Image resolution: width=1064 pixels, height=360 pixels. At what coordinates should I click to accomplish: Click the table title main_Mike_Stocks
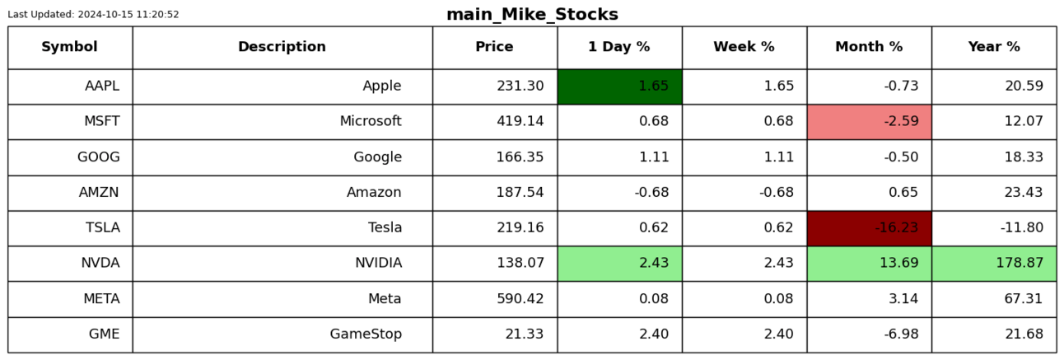(532, 14)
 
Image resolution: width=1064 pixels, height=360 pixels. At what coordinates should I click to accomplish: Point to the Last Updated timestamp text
(93, 14)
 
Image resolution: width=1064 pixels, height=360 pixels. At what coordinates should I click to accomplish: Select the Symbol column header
(69, 46)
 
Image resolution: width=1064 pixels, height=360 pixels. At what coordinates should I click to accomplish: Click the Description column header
(282, 46)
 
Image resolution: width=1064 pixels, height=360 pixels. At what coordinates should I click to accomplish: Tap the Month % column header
(870, 46)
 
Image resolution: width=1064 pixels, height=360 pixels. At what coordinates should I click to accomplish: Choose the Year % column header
(994, 46)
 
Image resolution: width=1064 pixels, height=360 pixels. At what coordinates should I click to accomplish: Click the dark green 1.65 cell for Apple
(620, 86)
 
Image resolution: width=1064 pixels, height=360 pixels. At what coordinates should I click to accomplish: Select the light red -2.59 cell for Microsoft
(870, 122)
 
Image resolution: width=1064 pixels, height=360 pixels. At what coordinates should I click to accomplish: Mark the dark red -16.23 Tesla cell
(870, 228)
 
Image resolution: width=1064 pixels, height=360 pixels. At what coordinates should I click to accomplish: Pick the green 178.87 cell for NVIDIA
(994, 264)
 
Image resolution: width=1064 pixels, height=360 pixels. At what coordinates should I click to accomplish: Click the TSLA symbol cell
(70, 228)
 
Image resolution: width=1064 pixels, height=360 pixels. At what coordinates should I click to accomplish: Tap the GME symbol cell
(70, 334)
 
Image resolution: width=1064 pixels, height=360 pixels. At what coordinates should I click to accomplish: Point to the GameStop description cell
(282, 334)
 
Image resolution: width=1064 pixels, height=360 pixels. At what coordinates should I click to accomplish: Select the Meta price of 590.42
(520, 299)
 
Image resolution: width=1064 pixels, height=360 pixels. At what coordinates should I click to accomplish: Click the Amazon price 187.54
(520, 192)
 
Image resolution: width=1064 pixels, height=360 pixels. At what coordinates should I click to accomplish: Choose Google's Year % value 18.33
(1024, 157)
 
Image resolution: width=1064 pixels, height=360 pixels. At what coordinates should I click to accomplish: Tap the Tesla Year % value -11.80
(1022, 227)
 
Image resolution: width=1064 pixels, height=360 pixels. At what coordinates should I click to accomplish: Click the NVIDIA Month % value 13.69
(899, 263)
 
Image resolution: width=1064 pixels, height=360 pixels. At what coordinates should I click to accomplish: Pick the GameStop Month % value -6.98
(901, 334)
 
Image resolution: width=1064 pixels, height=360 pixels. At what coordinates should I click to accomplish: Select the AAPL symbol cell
(70, 86)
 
